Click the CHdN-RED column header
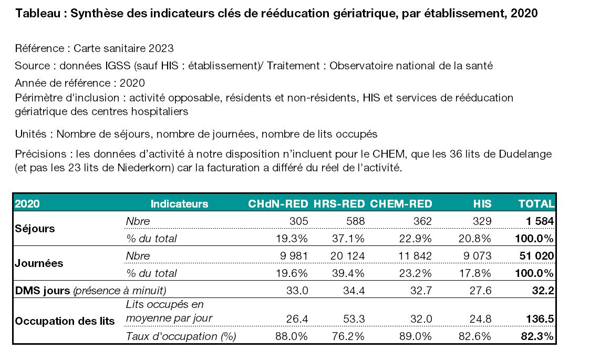[x=278, y=203]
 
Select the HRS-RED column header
[x=339, y=203]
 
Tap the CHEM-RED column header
[x=401, y=203]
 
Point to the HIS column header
[x=482, y=203]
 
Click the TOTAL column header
[x=536, y=203]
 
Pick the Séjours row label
[x=35, y=229]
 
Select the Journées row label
[x=39, y=263]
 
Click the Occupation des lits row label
[x=65, y=321]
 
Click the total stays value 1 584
[x=540, y=221]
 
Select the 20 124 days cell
[x=347, y=255]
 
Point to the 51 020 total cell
[x=536, y=255]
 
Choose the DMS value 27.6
[x=481, y=291]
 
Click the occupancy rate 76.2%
[x=348, y=336]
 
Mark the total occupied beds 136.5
[x=540, y=318]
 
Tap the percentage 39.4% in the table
[x=348, y=273]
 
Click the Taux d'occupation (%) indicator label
[x=181, y=336]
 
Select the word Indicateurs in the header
[x=180, y=203]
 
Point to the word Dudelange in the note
[x=525, y=154]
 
